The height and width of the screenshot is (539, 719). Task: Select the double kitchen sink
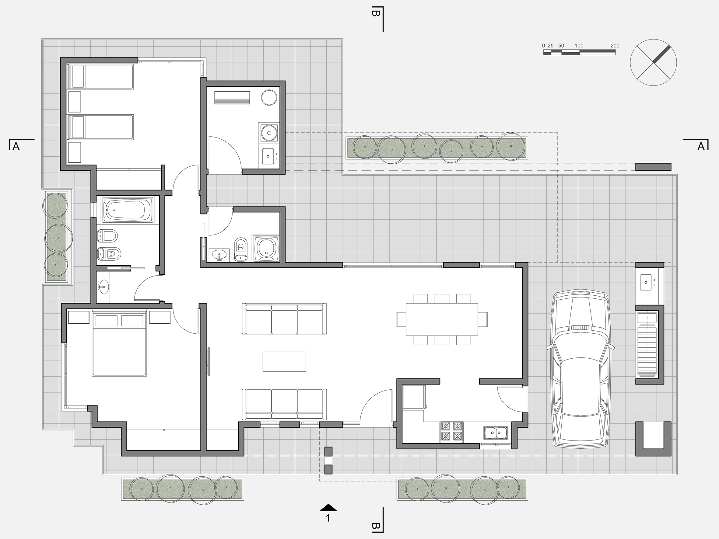tap(495, 433)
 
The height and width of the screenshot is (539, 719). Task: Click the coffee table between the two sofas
tap(284, 361)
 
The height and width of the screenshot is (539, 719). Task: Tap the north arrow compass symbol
tap(653, 62)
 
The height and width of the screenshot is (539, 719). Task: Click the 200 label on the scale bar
tap(615, 46)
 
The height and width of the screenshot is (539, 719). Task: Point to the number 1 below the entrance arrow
tap(328, 518)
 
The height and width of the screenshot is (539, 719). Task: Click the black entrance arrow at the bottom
tap(328, 507)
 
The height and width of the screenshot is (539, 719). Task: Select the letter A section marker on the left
tap(16, 147)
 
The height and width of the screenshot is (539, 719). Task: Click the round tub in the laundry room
tap(269, 97)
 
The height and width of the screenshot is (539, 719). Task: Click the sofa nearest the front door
tap(284, 405)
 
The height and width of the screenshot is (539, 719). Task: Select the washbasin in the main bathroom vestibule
tap(103, 287)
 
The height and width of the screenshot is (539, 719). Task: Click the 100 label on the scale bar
tap(579, 46)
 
